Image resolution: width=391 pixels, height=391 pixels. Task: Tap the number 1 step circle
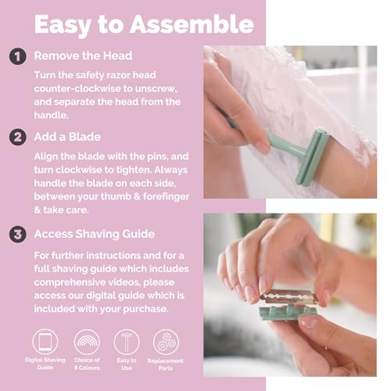[16, 57]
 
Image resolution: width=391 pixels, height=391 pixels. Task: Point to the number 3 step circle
[16, 233]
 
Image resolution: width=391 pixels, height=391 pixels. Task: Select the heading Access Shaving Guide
[94, 233]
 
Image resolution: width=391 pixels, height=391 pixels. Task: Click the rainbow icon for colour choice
[86, 343]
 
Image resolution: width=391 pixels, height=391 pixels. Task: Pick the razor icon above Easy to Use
[126, 343]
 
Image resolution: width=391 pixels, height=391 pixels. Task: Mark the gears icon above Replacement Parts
[166, 343]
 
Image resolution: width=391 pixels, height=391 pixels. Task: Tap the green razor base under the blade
[294, 313]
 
